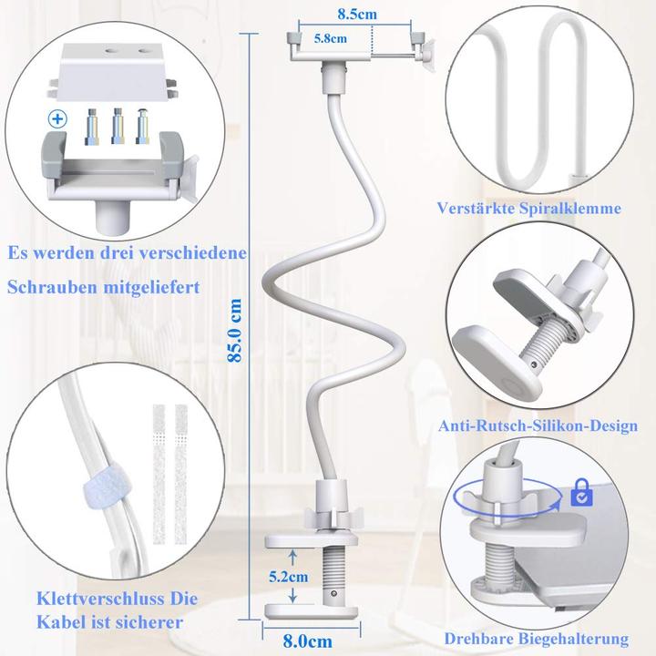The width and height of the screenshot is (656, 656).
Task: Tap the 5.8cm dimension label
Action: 330,38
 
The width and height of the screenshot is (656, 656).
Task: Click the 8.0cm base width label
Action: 308,641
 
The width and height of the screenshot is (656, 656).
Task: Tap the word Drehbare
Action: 480,640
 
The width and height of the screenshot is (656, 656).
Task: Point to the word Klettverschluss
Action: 87,600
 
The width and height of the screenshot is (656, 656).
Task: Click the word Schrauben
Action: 47,286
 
